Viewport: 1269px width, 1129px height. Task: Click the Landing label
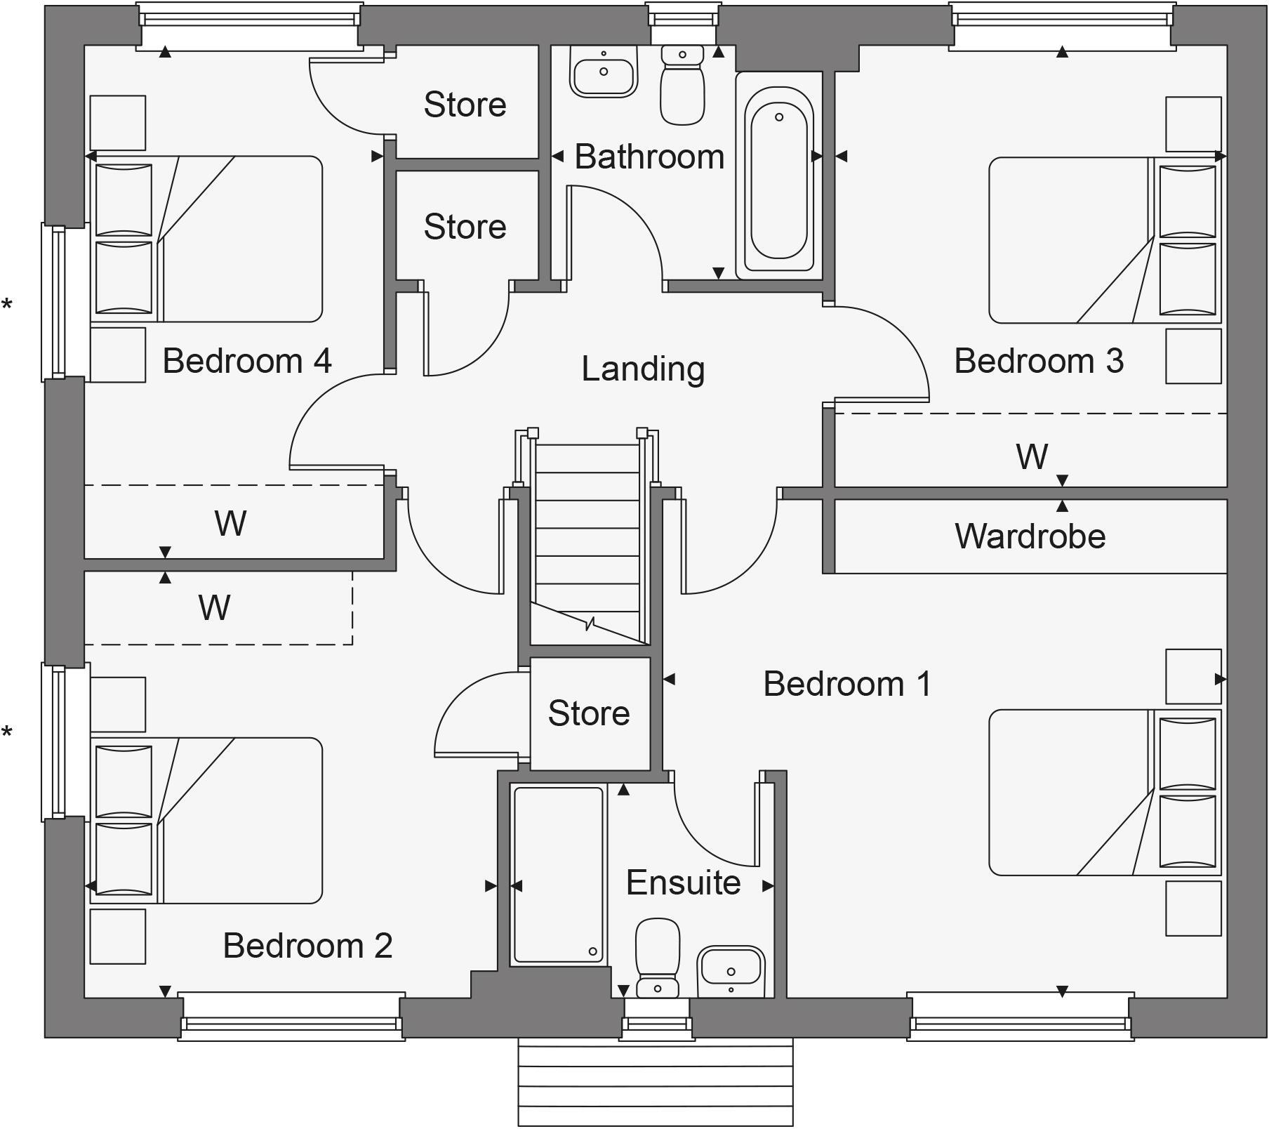[642, 369]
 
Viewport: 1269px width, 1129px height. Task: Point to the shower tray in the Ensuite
[558, 875]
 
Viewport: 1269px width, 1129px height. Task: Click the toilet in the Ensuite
[658, 958]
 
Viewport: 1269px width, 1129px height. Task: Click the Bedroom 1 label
[847, 683]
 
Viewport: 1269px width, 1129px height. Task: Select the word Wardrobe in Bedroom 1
[1030, 536]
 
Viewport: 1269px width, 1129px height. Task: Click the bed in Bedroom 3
[1081, 240]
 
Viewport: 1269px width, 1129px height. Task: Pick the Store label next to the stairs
[589, 713]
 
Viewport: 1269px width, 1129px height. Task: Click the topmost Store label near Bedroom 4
[465, 105]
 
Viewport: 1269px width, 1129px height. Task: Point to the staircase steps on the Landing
[587, 534]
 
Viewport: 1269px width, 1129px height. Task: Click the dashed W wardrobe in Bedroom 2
[215, 608]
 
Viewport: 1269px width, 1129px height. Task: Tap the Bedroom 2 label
[307, 946]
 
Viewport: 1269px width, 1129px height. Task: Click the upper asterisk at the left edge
[7, 305]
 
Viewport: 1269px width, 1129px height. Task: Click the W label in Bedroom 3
[1031, 456]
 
